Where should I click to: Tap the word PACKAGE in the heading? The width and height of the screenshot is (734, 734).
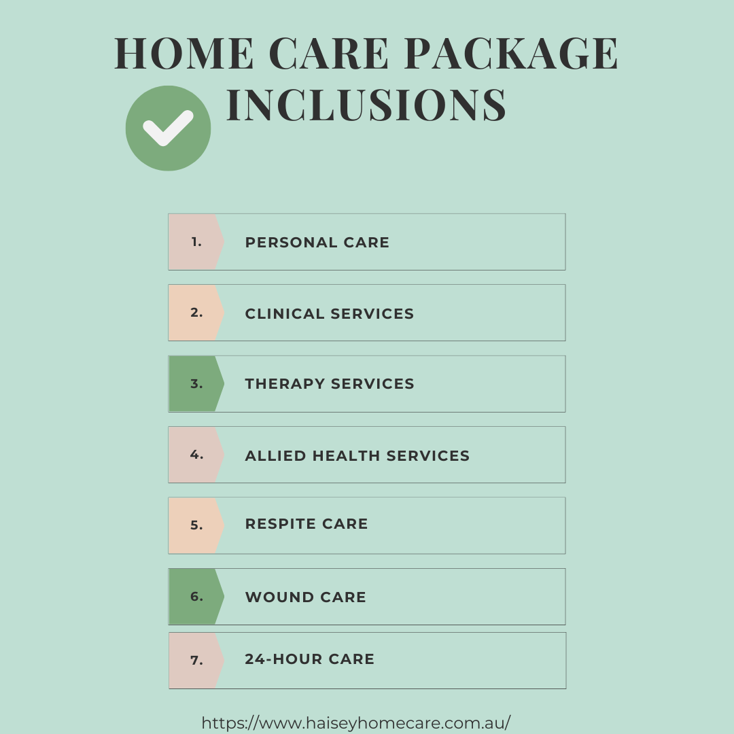(511, 53)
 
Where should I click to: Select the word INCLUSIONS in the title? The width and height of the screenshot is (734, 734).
(366, 105)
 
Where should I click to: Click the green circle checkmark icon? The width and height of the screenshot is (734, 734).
(168, 128)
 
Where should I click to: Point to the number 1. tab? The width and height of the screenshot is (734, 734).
(196, 242)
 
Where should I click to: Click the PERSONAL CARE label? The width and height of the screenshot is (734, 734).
(317, 243)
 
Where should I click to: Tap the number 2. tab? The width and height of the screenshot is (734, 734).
(196, 313)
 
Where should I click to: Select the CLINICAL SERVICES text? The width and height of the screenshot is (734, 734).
(330, 314)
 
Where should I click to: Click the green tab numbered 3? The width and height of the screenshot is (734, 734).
(196, 384)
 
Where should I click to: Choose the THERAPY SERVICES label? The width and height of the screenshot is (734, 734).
(330, 384)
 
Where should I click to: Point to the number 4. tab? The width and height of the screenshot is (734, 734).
(196, 455)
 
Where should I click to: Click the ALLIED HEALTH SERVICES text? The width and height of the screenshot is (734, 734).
(357, 456)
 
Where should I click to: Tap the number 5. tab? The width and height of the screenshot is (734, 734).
(196, 525)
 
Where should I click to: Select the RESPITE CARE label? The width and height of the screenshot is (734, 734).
(307, 524)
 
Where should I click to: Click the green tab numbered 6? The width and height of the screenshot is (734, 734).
(196, 597)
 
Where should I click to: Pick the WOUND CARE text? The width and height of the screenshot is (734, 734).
(306, 597)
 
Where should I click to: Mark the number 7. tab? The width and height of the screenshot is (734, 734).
(196, 660)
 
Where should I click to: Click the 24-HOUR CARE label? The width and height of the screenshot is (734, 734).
(310, 659)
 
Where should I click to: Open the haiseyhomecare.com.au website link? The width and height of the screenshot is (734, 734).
(355, 722)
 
